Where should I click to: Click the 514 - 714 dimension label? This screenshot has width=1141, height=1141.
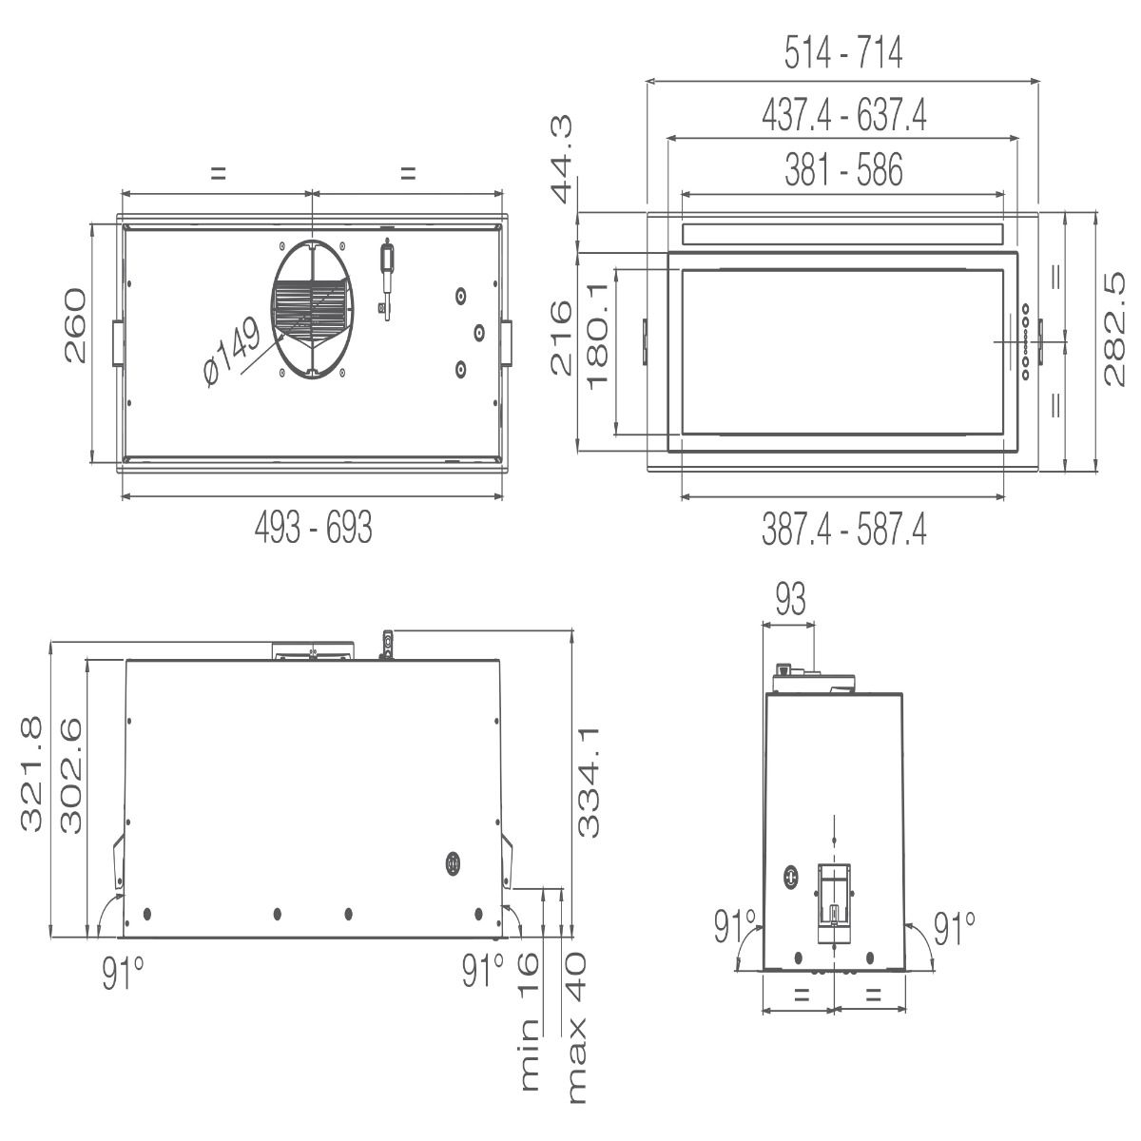pos(842,52)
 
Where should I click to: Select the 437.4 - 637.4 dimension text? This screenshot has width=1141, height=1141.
pos(843,115)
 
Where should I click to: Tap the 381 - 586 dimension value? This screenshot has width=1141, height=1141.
pos(843,169)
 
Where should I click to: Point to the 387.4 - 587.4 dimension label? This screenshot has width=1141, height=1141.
pos(843,530)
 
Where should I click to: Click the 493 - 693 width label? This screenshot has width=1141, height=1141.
pos(313,527)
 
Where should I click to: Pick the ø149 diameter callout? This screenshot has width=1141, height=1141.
pos(231,351)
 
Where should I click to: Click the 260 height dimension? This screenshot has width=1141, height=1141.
pos(75,325)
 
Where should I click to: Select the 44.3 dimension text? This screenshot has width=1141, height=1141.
pos(561,159)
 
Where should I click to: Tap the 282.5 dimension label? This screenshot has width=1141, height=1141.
pos(1114,329)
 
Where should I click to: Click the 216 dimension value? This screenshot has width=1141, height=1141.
pos(561,338)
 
